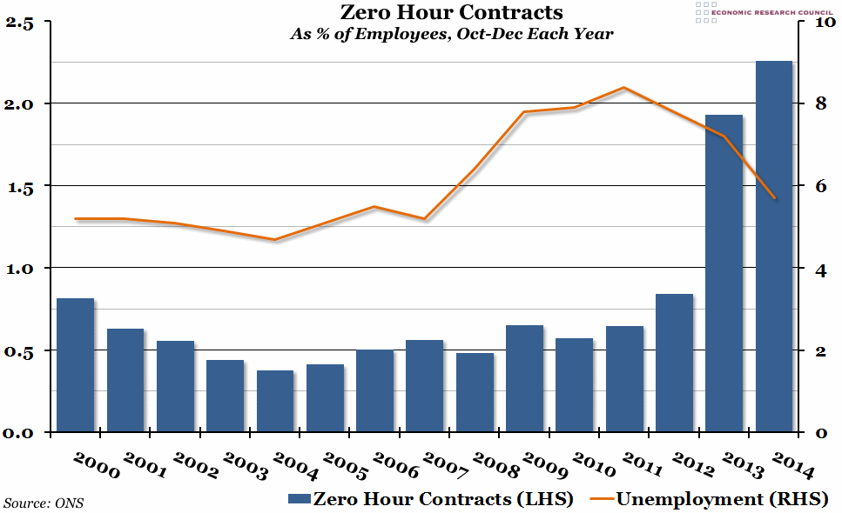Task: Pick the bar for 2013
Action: tap(724, 273)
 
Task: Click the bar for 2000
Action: tap(75, 365)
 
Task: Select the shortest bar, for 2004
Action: tap(275, 401)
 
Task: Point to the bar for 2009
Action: tap(524, 378)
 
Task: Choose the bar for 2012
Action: tap(674, 363)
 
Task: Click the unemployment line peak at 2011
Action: tap(624, 88)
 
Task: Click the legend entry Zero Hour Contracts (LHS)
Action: tap(430, 498)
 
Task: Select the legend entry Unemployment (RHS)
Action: tap(710, 498)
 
